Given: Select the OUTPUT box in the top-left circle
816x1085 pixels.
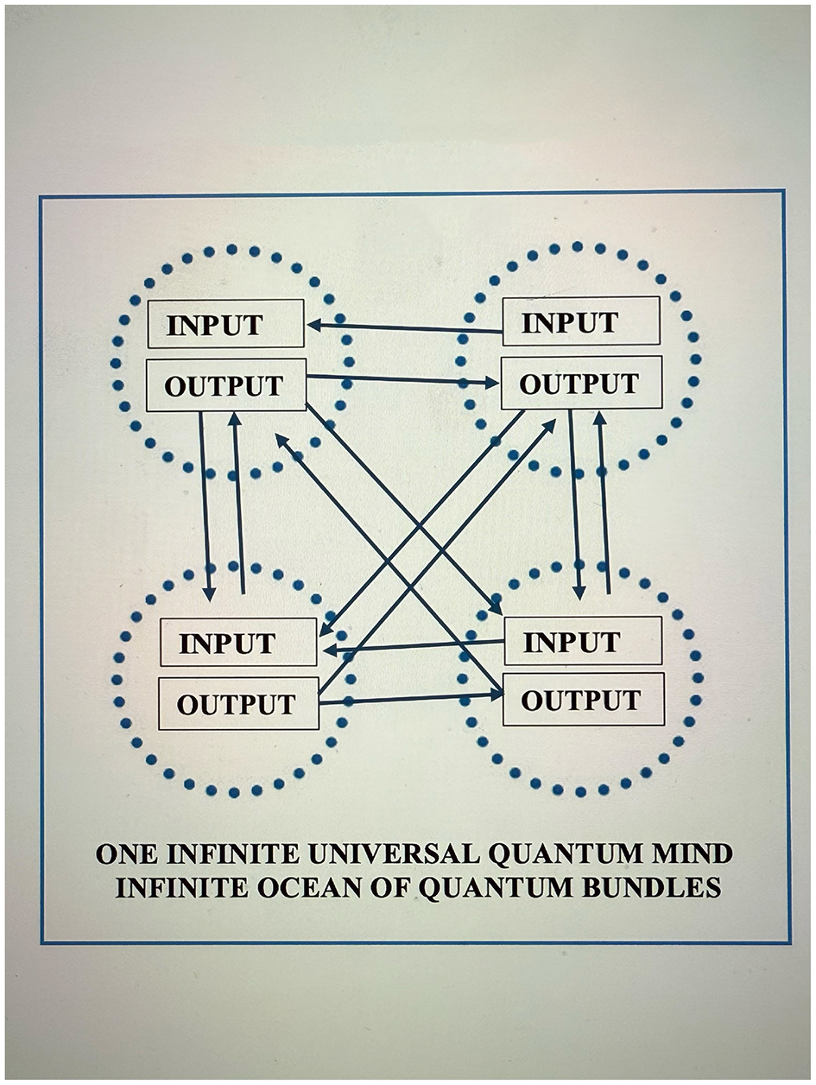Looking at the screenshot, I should [225, 384].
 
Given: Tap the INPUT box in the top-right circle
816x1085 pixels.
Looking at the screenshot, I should [581, 321].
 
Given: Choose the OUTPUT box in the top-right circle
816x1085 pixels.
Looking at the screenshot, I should [581, 383].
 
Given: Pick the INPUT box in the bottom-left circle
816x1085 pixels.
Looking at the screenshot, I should [238, 642].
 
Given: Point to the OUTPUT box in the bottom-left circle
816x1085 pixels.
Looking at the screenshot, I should [238, 703].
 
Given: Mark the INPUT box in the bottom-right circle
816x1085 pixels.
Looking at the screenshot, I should [583, 641].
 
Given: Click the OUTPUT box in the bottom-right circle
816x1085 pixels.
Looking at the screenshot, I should [583, 699].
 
